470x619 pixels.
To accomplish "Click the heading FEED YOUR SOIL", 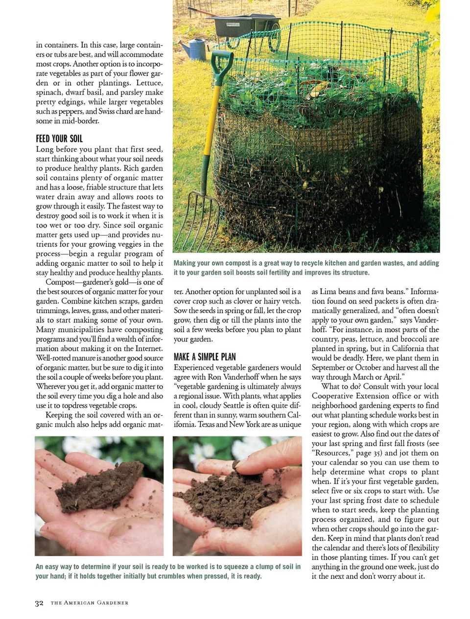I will [x=59, y=138].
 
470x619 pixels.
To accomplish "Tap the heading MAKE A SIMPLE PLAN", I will [x=205, y=357].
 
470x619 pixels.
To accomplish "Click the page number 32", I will [x=39, y=603].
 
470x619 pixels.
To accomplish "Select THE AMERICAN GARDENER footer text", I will [x=89, y=603].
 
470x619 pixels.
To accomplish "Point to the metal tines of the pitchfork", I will [x=188, y=220].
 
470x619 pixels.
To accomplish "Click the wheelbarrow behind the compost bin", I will [x=245, y=24].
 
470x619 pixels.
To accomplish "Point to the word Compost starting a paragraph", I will [x=60, y=282].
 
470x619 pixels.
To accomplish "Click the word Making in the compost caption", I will [x=185, y=263].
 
